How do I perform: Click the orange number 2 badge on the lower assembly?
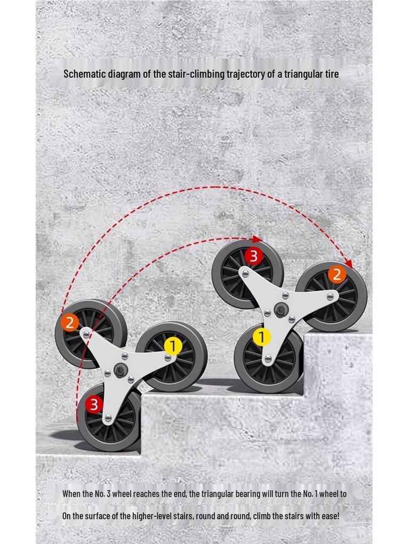(70, 322)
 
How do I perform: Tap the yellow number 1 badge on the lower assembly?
(173, 346)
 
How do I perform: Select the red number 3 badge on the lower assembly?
(93, 404)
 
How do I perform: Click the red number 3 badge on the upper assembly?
(253, 257)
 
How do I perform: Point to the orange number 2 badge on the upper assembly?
(337, 275)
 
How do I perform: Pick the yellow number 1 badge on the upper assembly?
(262, 337)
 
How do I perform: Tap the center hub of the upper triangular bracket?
(280, 310)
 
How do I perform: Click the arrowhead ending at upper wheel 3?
(257, 239)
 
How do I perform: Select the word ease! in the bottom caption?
(329, 516)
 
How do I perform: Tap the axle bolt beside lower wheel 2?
(86, 335)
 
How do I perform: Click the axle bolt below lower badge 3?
(108, 418)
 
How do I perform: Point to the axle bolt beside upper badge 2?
(329, 296)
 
